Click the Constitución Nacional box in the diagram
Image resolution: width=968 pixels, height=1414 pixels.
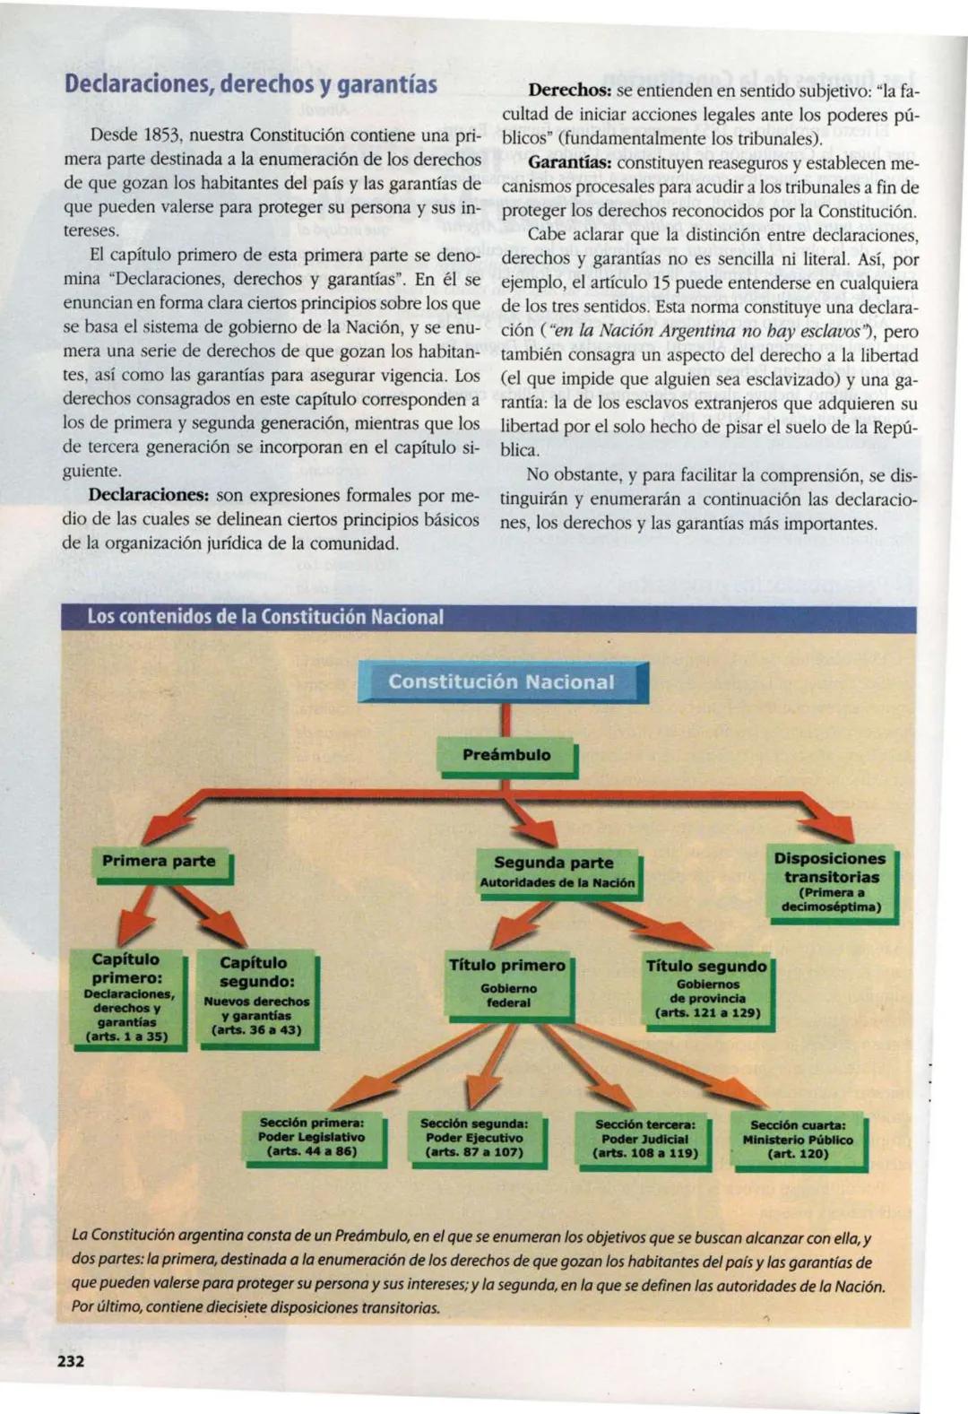(x=502, y=682)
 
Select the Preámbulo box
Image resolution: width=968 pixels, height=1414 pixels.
(x=506, y=755)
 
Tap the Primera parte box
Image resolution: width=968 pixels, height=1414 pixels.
(x=159, y=862)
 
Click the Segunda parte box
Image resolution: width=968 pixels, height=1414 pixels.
(x=557, y=872)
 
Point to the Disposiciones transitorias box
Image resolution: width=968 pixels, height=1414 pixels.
(x=829, y=882)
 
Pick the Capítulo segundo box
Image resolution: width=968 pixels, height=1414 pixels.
(x=256, y=995)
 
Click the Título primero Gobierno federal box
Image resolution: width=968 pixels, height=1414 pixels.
(x=507, y=985)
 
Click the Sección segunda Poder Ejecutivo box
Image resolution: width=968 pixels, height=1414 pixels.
(x=474, y=1138)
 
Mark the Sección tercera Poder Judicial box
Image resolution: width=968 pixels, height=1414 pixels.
(x=645, y=1139)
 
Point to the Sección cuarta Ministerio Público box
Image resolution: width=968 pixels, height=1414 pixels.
(x=798, y=1140)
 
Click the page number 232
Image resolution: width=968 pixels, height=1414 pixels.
(x=71, y=1362)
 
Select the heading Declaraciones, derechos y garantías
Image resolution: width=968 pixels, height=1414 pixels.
(x=250, y=85)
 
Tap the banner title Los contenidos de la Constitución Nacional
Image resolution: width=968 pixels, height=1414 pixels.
(x=265, y=617)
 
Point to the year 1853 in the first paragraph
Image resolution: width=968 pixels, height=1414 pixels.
(x=162, y=135)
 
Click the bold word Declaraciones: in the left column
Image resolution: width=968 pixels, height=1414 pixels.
(x=149, y=495)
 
